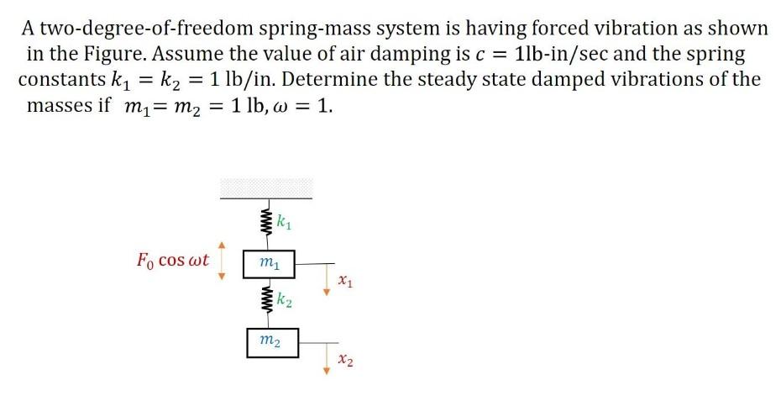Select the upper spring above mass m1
click(267, 224)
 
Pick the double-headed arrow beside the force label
click(223, 261)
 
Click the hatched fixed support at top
click(266, 187)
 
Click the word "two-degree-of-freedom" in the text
click(138, 29)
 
